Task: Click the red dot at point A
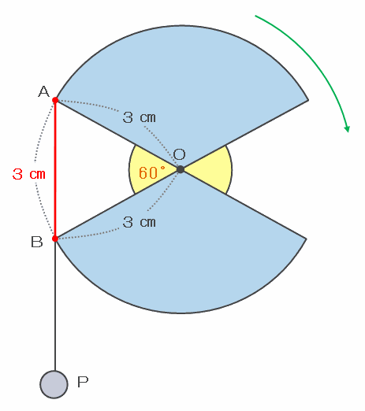55,100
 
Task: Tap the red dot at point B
55,239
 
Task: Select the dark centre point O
181,169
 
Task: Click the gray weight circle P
54,384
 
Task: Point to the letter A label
43,91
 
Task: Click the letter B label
37,242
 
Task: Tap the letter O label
180,154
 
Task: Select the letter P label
83,382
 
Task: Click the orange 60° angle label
152,172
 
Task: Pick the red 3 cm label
29,174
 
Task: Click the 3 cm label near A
139,117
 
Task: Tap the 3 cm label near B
139,222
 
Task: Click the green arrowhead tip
348,132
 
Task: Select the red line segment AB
55,169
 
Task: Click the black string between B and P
55,305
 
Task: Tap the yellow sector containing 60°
147,170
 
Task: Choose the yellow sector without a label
214,170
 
